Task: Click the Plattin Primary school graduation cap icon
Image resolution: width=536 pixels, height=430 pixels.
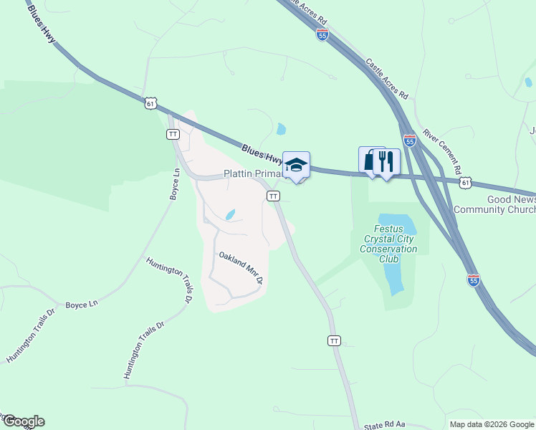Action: point(296,166)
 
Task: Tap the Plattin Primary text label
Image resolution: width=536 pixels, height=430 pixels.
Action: point(255,173)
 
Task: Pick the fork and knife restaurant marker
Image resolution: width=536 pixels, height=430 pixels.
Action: point(387,161)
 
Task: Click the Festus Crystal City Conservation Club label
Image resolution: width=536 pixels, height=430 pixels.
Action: point(391,239)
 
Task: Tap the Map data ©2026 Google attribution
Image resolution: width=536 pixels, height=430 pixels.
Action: point(492,424)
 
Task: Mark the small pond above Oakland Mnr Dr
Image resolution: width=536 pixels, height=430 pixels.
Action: point(230,214)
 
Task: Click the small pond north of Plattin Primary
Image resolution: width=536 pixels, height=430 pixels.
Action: point(282,130)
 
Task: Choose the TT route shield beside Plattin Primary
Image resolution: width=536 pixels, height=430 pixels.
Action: point(273,196)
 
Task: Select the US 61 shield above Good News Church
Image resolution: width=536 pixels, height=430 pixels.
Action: point(466,183)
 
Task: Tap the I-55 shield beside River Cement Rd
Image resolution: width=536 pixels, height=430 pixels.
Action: point(409,141)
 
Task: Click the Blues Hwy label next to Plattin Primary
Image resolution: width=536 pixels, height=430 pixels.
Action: point(262,153)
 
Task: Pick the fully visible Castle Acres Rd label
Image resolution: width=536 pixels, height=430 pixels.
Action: point(387,80)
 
